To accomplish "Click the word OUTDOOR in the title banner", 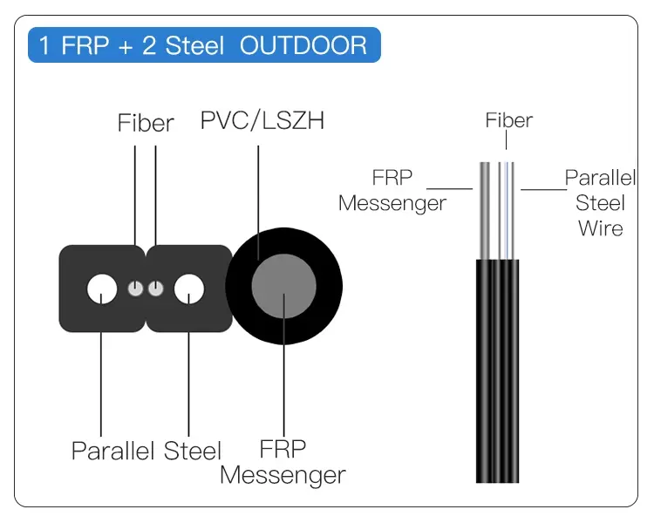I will click(x=303, y=44).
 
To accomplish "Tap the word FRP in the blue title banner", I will click(x=87, y=44).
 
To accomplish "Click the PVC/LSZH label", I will click(x=262, y=121).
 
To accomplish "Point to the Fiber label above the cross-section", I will click(x=146, y=124).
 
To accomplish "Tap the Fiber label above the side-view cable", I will click(x=508, y=120).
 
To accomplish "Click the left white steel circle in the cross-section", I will click(x=103, y=289).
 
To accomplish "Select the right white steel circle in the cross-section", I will click(x=189, y=289).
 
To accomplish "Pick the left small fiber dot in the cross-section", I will click(x=135, y=289).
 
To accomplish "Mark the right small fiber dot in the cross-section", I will click(x=155, y=289).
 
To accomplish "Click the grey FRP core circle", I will click(x=283, y=289).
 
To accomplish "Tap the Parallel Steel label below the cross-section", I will click(x=146, y=451).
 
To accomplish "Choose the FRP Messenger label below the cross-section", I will click(x=283, y=463).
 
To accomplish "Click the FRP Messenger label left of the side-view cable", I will click(x=392, y=190).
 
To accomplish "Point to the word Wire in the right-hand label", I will click(x=601, y=228).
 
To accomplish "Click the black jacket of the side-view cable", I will click(x=498, y=375).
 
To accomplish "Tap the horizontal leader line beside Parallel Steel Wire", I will click(x=542, y=188).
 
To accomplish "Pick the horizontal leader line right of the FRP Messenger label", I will click(x=449, y=188).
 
